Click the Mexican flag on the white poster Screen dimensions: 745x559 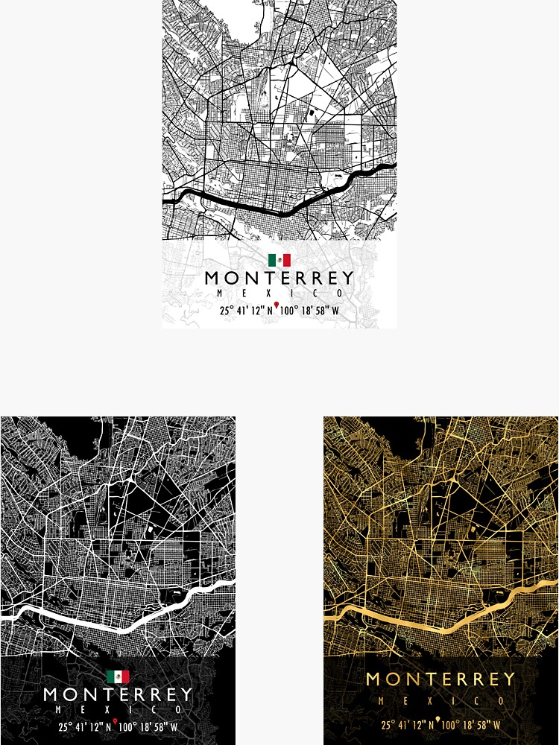click(279, 260)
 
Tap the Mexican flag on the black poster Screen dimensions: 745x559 click(118, 676)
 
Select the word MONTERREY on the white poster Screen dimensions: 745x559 click(279, 279)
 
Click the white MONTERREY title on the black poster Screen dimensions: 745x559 click(118, 695)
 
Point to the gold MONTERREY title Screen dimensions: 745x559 click(440, 679)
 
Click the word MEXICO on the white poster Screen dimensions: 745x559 click(279, 294)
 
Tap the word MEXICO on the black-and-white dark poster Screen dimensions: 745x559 click(118, 709)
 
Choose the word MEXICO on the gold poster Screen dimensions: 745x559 click(440, 701)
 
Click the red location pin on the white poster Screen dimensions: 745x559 click(277, 306)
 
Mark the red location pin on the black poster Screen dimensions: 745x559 click(116, 723)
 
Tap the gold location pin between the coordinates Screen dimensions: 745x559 click(438, 720)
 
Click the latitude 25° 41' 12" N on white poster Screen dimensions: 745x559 click(246, 311)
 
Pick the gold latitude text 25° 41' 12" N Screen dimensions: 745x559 click(407, 725)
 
